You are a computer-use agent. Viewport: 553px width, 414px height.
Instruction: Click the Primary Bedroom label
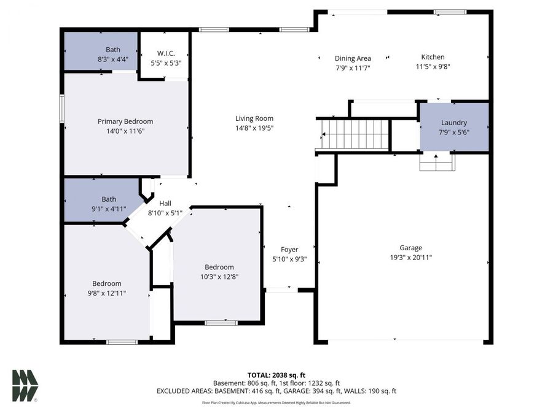[125, 121]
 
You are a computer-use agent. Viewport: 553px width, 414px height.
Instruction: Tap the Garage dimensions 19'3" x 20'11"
[411, 258]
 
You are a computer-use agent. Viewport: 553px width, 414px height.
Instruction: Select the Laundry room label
[453, 123]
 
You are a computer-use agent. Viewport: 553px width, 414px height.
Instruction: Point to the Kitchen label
[433, 57]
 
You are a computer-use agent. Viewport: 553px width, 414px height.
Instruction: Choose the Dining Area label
[353, 58]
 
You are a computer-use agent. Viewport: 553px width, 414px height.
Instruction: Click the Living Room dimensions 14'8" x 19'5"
[254, 128]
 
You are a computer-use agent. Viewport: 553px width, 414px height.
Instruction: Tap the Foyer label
[289, 250]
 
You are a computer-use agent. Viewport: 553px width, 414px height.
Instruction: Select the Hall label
[165, 204]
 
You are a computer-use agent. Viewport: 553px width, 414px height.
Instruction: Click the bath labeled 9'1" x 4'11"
[109, 203]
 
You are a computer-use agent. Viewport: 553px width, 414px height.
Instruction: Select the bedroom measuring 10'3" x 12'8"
[219, 272]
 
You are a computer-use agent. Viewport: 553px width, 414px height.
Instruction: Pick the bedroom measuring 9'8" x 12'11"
[107, 288]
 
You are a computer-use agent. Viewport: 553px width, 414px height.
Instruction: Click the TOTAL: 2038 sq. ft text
[276, 374]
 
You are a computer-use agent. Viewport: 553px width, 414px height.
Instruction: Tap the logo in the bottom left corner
[25, 386]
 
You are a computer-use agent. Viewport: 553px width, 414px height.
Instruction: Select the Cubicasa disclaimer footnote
[276, 403]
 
